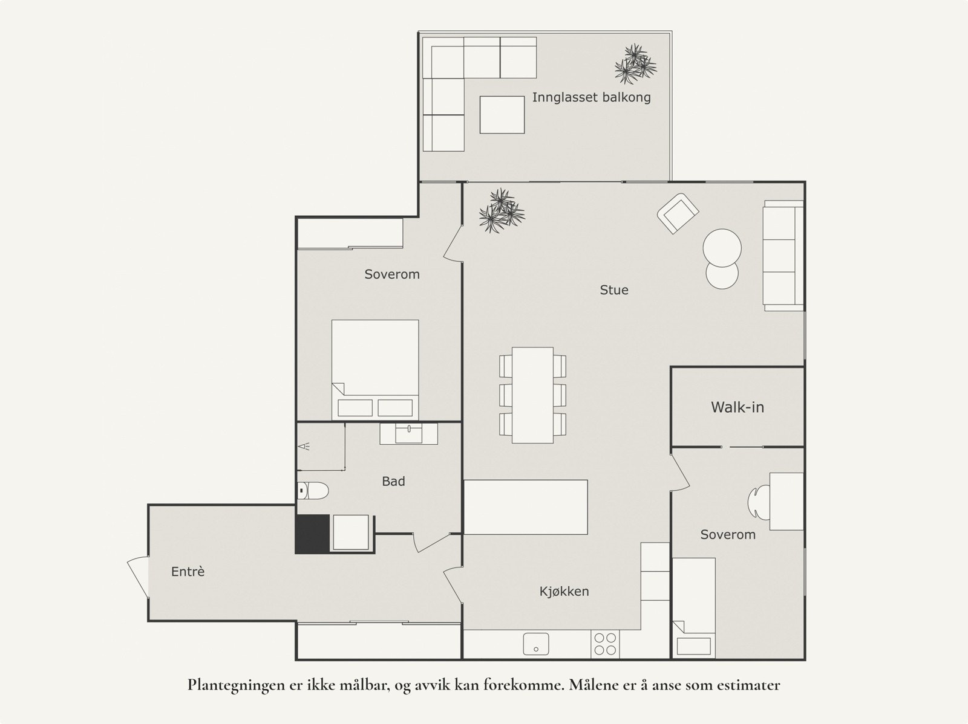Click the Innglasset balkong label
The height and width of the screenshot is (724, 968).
point(591,97)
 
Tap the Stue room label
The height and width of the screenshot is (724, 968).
point(614,289)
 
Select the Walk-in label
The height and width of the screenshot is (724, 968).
point(737,407)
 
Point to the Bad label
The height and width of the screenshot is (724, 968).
point(393,481)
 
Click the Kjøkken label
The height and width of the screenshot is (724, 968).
point(564,592)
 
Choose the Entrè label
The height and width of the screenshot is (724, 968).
point(188,572)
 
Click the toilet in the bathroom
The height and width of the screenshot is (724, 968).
point(313,491)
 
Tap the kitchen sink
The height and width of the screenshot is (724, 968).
point(536,644)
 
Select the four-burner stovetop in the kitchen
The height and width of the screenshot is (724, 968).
point(605,644)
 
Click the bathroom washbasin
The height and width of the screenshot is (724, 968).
point(409,433)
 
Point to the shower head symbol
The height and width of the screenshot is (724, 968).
point(304,447)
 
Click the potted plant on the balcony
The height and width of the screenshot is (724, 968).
point(635,64)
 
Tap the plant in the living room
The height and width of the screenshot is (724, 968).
point(502,211)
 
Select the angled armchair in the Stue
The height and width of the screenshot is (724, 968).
point(678,213)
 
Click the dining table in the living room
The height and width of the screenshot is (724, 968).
point(533,395)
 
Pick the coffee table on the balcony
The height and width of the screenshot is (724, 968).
point(502,115)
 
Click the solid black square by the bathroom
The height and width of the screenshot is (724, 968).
point(312,534)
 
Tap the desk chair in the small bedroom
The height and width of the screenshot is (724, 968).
point(759,502)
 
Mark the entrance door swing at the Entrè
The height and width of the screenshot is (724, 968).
point(137,577)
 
